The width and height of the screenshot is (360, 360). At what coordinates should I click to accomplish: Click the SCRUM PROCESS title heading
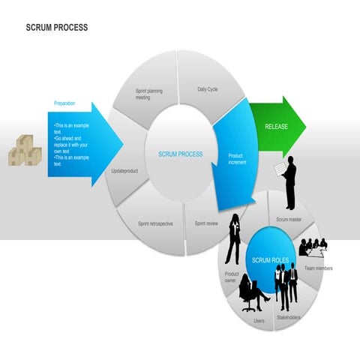click(57, 28)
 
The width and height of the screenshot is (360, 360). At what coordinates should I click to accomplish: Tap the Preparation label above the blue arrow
click(64, 103)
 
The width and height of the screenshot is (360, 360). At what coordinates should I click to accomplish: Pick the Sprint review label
click(206, 223)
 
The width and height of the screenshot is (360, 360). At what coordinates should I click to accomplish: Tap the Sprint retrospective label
click(155, 223)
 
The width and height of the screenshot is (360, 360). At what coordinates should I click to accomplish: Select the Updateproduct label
click(125, 171)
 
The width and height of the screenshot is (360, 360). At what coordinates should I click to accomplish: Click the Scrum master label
click(289, 220)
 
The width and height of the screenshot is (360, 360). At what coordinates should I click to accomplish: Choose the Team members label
click(319, 268)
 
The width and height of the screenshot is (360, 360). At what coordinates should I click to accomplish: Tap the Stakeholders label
click(289, 317)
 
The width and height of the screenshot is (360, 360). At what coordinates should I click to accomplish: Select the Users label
click(259, 321)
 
